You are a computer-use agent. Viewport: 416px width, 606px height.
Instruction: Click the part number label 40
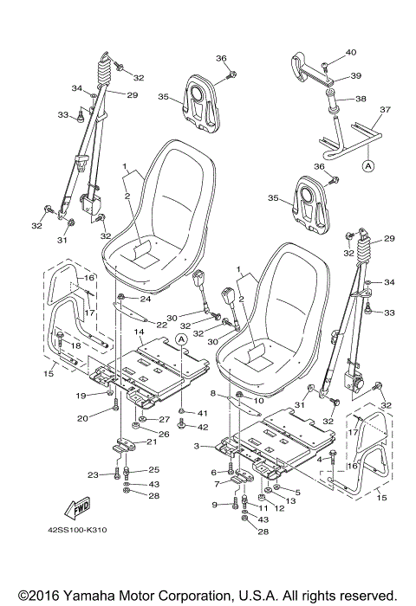pos(350,53)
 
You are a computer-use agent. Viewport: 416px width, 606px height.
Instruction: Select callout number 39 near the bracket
pos(355,76)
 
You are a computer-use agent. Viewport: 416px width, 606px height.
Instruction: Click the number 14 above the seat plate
pos(138,332)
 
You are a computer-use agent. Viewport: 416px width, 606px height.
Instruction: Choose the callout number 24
pos(146,300)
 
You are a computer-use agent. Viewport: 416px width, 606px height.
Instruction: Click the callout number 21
pos(151,442)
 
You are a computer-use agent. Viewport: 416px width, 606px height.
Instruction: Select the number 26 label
pos(163,433)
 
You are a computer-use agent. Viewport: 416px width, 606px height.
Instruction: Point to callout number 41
pos(203,413)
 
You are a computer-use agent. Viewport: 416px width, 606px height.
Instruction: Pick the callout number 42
pos(203,427)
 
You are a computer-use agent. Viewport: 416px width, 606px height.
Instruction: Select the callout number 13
pos(291,501)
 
